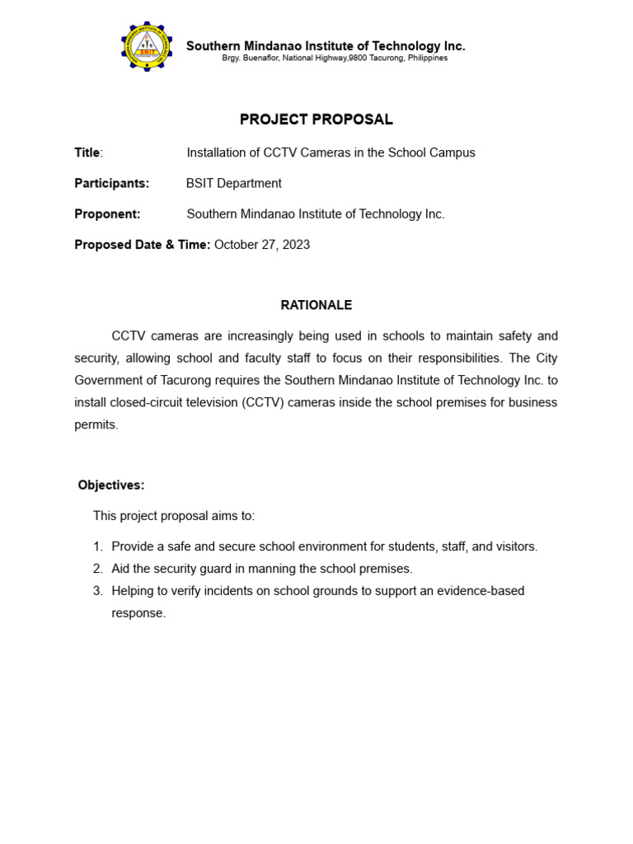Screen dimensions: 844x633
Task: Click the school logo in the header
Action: [147, 47]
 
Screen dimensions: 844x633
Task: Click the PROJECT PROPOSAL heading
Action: [316, 120]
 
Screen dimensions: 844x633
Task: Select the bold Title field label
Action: [87, 152]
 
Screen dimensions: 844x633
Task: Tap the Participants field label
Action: [111, 183]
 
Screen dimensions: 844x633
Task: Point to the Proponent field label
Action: [107, 214]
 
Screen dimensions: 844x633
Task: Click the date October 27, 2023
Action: [262, 245]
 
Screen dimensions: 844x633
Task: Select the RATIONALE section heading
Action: [316, 305]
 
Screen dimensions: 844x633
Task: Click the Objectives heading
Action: [111, 485]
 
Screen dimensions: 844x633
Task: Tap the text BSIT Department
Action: [234, 183]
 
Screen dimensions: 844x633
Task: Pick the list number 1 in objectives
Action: [97, 546]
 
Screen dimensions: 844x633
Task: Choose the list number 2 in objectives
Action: [97, 569]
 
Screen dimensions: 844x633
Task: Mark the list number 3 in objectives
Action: [97, 591]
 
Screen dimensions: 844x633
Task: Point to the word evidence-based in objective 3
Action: [484, 591]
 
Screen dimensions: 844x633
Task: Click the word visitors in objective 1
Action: [515, 546]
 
